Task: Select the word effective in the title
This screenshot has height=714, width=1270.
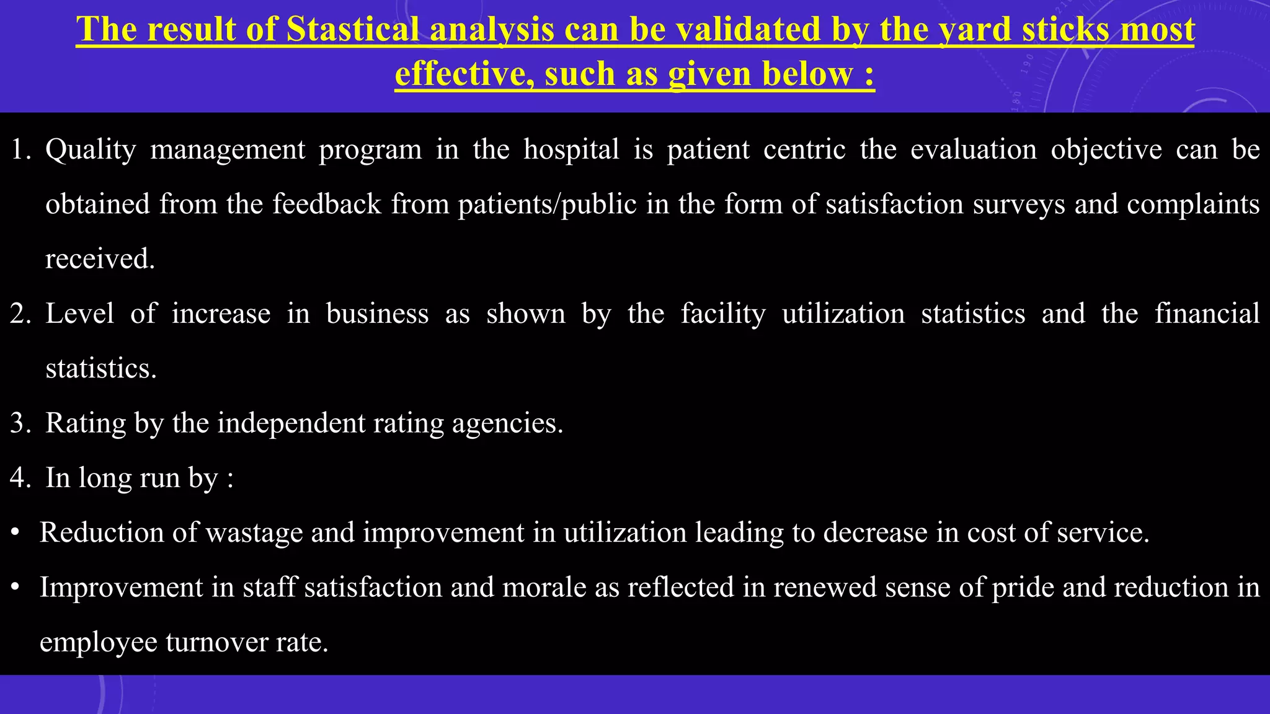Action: [x=464, y=74]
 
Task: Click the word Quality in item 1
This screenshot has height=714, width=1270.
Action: [x=91, y=149]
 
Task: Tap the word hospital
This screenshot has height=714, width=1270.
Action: [x=571, y=149]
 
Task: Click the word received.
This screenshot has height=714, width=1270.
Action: [x=100, y=259]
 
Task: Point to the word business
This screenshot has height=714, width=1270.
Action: [x=377, y=314]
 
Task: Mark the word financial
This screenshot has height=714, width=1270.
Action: [x=1207, y=314]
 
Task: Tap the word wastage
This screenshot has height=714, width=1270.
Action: [x=254, y=532]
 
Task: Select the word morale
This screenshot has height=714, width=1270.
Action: [x=544, y=587]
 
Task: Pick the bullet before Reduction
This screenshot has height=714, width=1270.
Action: [x=16, y=533]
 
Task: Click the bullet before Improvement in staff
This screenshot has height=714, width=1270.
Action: [x=16, y=588]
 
